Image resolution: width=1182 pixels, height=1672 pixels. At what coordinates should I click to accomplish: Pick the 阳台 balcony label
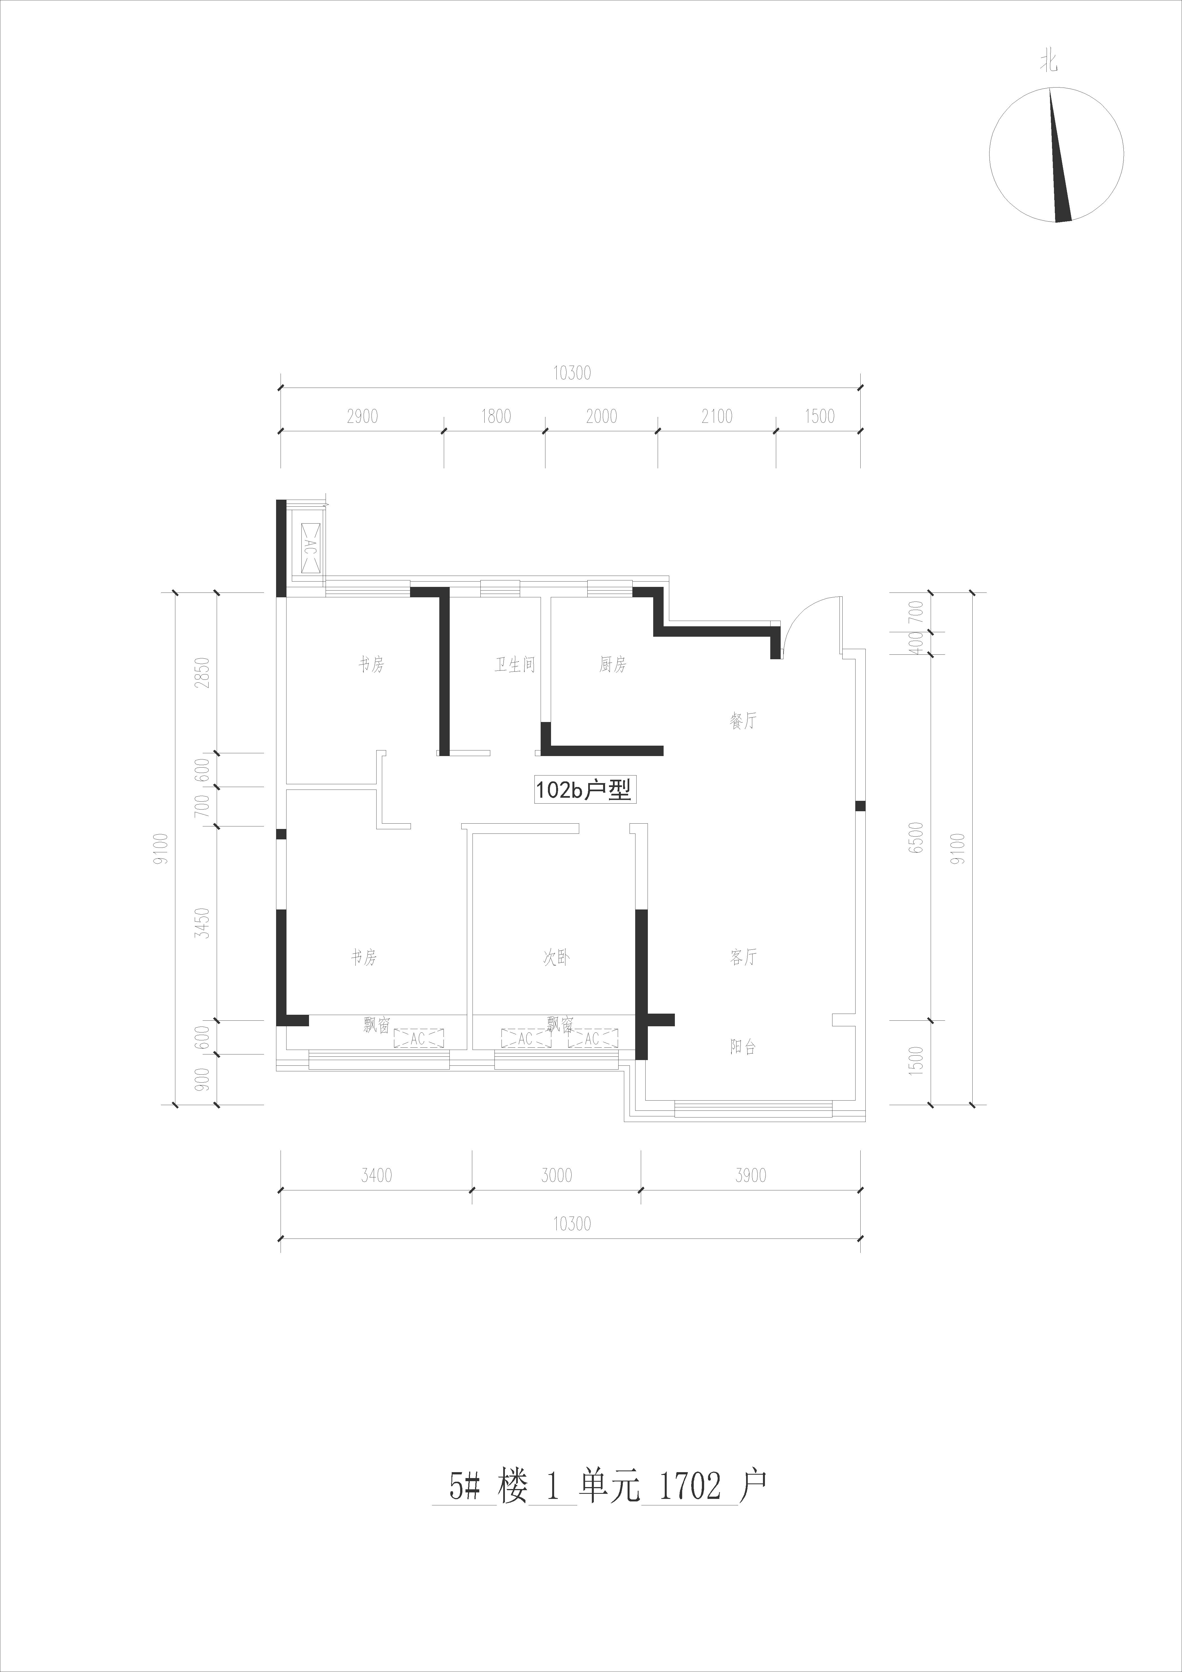(743, 1047)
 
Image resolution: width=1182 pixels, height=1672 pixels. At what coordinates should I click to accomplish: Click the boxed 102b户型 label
(584, 789)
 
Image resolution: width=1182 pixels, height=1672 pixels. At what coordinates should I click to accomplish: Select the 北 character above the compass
(1049, 64)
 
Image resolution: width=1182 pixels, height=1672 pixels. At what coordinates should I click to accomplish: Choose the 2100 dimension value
(717, 417)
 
